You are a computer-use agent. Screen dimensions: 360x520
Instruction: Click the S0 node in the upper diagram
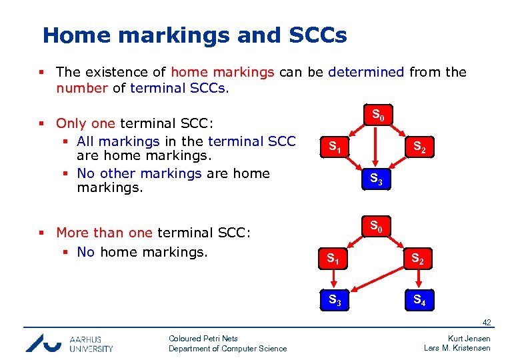point(377,115)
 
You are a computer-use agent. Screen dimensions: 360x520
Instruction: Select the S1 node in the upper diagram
point(334,147)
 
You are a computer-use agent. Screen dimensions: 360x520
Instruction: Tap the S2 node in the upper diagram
point(420,147)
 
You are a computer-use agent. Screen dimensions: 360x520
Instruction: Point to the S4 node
point(419,300)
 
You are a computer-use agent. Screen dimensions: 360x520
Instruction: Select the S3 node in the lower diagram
point(334,300)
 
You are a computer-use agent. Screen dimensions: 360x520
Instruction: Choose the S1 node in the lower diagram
point(334,258)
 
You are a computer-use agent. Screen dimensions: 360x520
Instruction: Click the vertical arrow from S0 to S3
point(377,147)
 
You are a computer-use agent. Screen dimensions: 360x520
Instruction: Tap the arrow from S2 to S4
point(419,279)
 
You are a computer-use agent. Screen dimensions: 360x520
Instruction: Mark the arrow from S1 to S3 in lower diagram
point(334,279)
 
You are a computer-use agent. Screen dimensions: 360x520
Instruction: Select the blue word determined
point(366,72)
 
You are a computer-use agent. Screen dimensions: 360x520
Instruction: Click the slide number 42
point(487,323)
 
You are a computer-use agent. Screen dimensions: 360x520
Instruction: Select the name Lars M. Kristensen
point(457,349)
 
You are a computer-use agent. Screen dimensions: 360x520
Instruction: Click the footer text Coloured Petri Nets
point(203,339)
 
